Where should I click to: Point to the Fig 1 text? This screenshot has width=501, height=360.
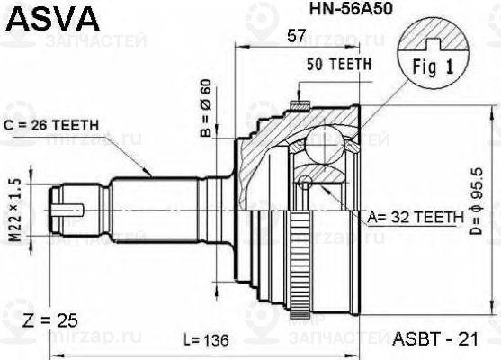[441, 67]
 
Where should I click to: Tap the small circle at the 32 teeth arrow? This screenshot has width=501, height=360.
[308, 184]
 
